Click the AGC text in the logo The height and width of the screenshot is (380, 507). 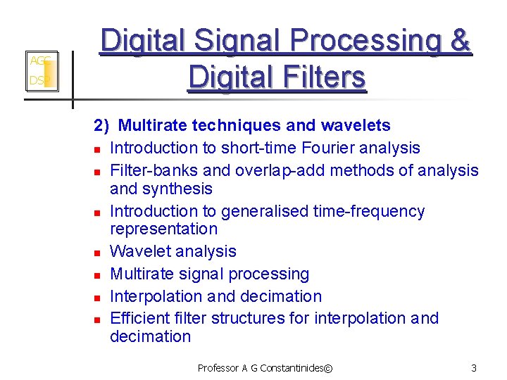(x=38, y=61)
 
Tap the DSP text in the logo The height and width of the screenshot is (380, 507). (x=37, y=81)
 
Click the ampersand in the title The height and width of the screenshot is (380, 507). (x=461, y=41)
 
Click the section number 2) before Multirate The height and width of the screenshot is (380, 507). (x=102, y=126)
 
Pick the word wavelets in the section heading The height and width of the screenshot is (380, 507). (x=355, y=126)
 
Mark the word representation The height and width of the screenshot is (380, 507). (x=163, y=229)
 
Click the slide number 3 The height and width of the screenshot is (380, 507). (x=474, y=368)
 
